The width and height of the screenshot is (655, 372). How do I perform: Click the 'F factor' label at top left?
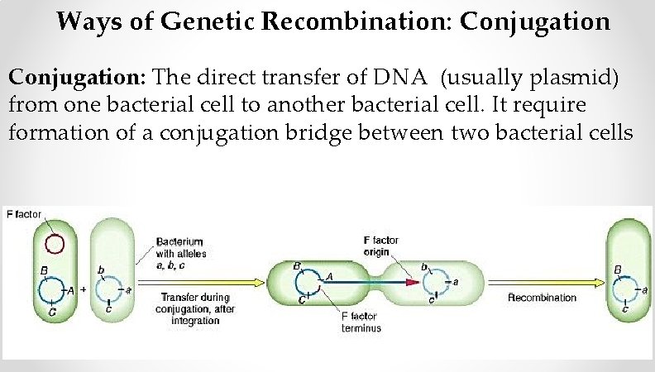point(24,215)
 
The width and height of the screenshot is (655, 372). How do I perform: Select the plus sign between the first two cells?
point(83,290)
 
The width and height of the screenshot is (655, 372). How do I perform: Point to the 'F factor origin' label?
point(380,246)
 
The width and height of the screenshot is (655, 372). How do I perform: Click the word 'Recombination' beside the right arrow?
point(542,297)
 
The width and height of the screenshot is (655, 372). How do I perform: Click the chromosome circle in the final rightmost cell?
point(627,289)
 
